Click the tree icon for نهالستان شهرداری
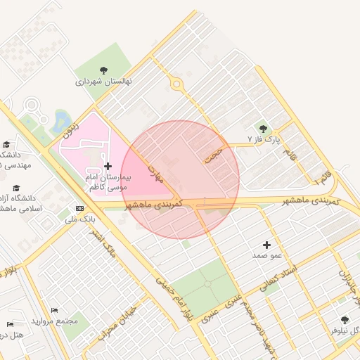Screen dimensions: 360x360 (x=104, y=70)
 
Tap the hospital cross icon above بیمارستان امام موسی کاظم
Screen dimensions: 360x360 (x=108, y=166)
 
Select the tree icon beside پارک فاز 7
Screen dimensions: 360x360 (x=263, y=129)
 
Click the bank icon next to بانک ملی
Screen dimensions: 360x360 (x=79, y=209)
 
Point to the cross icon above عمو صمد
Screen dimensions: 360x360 (x=266, y=244)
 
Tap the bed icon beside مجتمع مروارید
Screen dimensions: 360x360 (x=55, y=310)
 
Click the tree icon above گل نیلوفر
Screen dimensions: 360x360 (x=345, y=319)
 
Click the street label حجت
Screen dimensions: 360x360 (x=212, y=155)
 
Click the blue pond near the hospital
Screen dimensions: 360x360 (x=61, y=121)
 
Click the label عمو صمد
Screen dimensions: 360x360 (x=267, y=255)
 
